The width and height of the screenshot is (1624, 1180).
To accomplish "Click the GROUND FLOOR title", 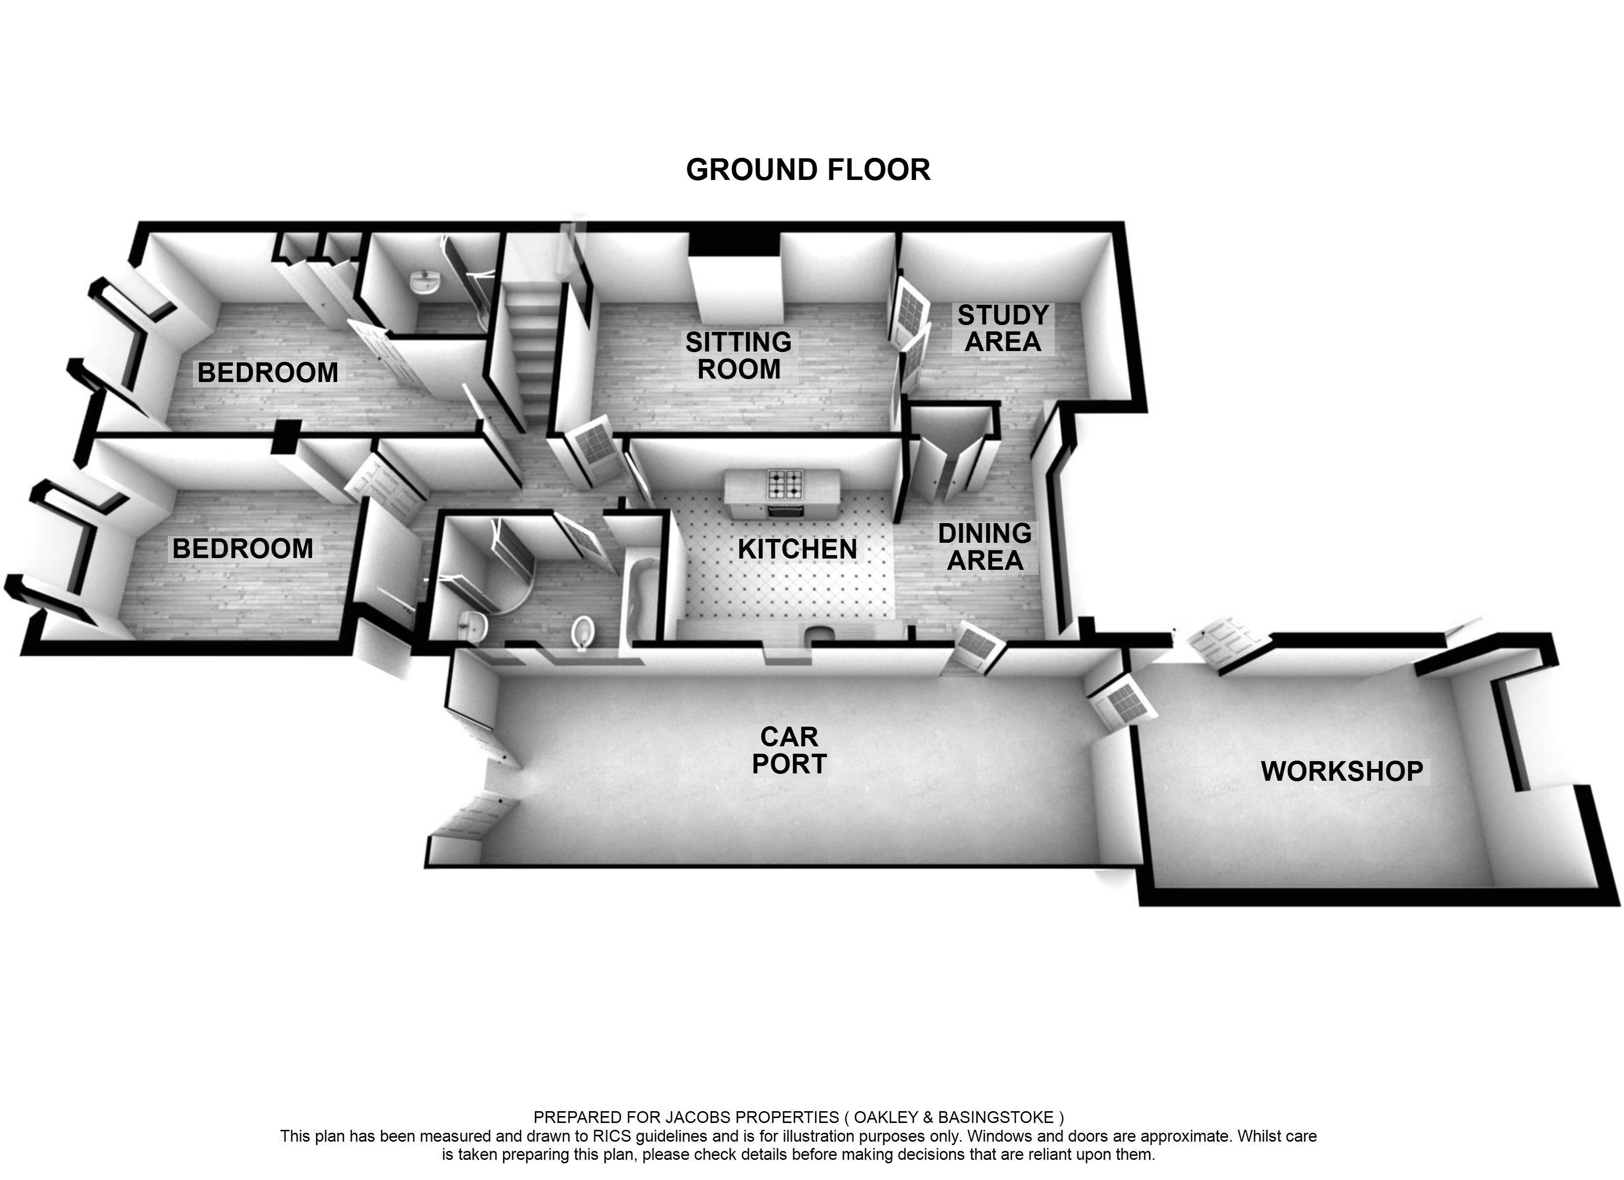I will (808, 170).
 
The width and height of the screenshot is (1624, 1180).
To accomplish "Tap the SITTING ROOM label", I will (738, 355).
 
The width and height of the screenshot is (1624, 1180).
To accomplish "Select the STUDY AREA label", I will (1002, 328).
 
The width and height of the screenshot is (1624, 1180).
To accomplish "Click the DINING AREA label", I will (985, 547).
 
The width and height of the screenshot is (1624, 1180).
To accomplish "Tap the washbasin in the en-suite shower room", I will (426, 281).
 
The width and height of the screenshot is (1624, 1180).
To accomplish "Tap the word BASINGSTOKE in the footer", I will (996, 1118).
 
